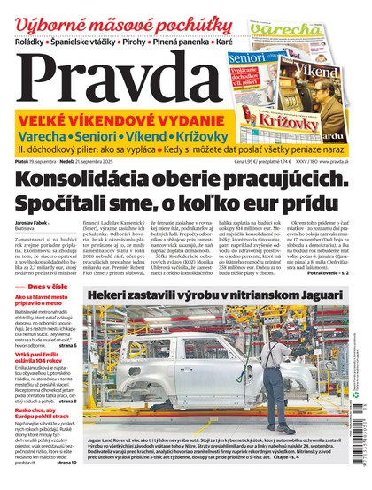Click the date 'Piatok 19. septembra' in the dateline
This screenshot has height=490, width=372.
coord(36,160)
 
